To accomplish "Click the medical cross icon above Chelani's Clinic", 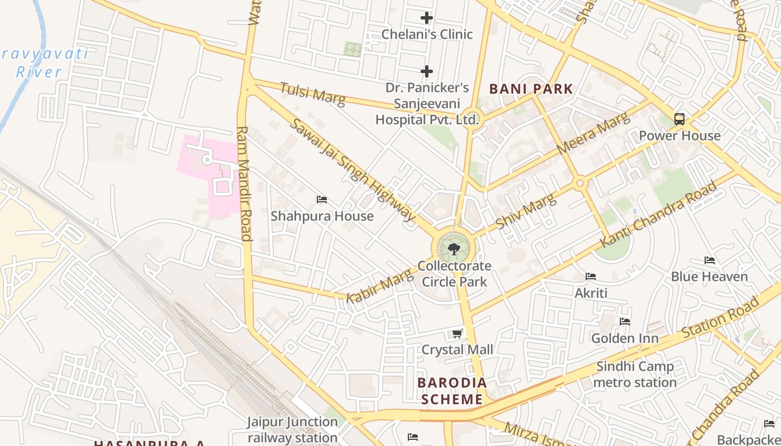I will tap(427, 18).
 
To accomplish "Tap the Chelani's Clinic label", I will tap(427, 35).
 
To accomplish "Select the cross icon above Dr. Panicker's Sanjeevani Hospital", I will tap(427, 71).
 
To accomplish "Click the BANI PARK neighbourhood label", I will tap(531, 89).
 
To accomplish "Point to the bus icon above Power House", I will tap(679, 119).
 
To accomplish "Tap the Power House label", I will tap(679, 135).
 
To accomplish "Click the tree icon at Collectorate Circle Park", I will tap(454, 249).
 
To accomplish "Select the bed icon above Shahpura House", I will tap(322, 200).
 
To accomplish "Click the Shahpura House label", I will tap(322, 216).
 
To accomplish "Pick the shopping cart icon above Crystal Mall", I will tap(457, 333).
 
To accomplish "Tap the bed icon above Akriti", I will tap(591, 277).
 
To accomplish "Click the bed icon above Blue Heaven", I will tap(710, 260).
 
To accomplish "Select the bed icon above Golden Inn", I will tap(625, 322).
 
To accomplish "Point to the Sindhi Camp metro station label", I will tap(635, 374).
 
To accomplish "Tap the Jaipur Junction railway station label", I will tap(293, 429).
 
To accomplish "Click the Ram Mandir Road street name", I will tap(244, 184).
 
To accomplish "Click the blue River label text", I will tap(38, 72).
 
